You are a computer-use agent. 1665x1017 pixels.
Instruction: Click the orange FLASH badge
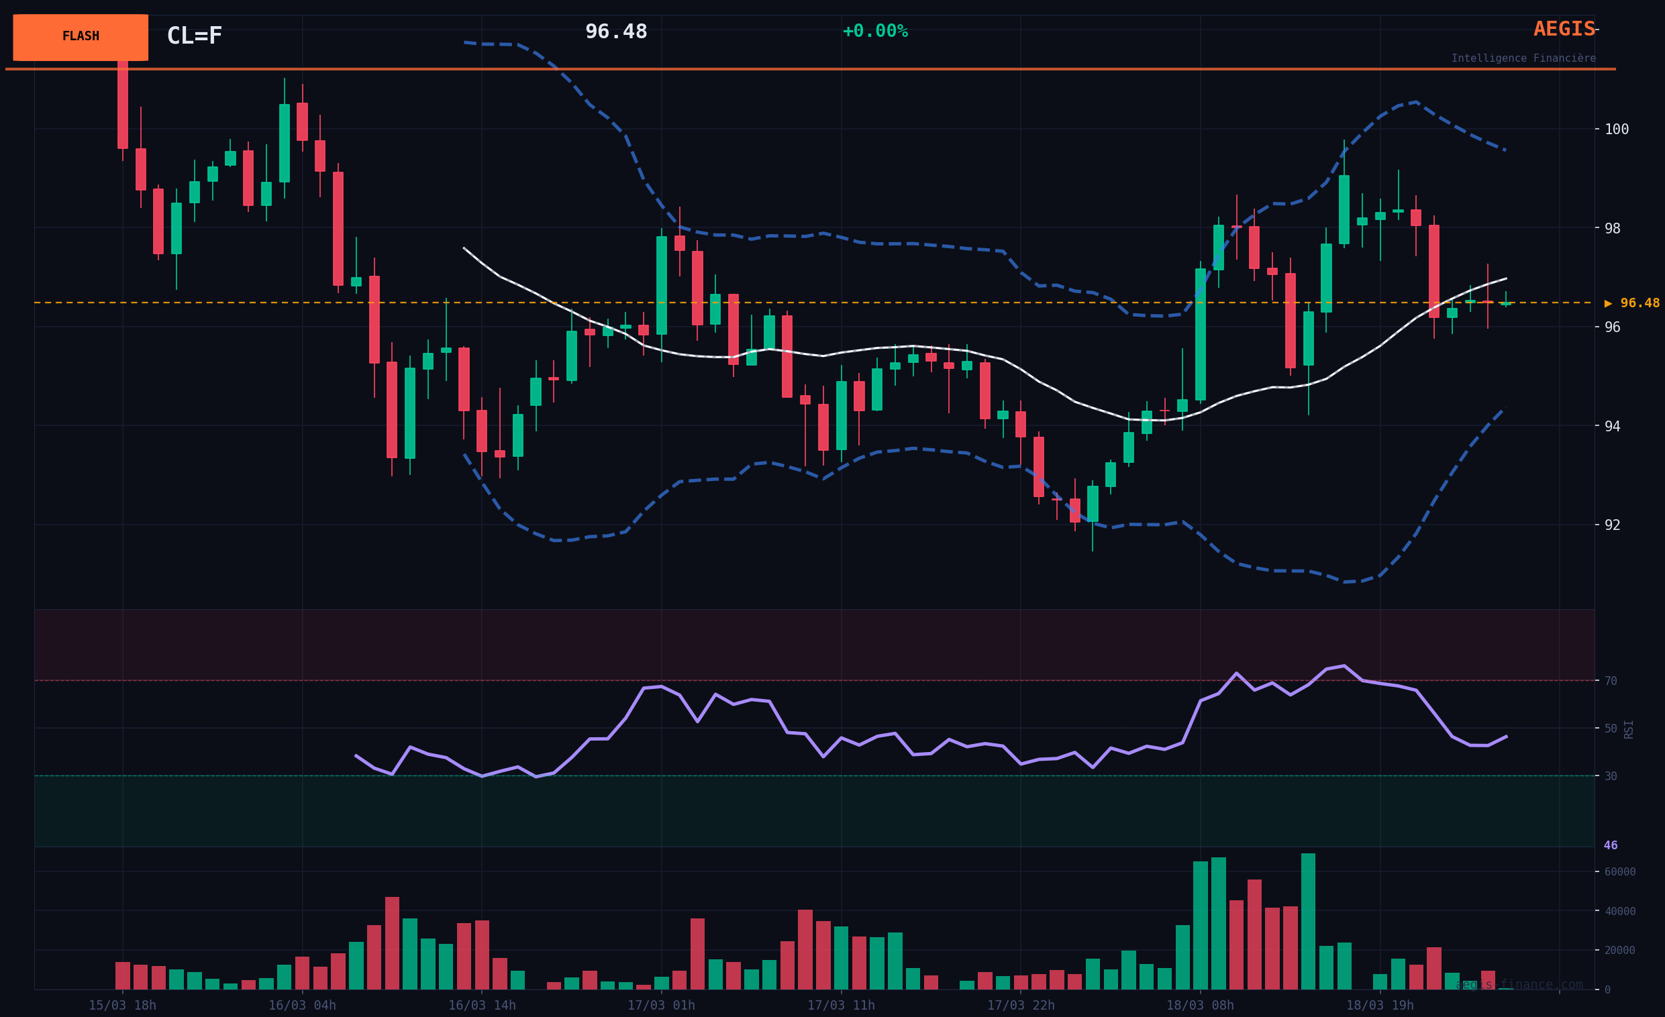point(81,37)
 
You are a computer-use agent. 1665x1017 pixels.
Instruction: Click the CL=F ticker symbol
point(194,36)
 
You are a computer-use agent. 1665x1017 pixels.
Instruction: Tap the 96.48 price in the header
point(615,32)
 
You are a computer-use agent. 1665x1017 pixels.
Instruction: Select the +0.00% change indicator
point(874,31)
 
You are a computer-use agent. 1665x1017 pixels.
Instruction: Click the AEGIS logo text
point(1564,29)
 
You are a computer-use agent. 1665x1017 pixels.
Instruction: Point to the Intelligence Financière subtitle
point(1523,58)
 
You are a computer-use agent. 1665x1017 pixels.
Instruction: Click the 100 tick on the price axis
point(1617,129)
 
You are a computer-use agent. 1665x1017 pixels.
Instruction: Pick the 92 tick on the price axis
point(1611,525)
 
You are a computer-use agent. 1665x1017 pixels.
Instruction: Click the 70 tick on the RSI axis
point(1610,681)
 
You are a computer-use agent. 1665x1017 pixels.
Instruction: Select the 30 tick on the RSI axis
point(1610,776)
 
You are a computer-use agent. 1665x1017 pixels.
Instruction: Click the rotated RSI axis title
point(1629,729)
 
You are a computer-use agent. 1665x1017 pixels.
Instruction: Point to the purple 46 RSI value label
point(1610,845)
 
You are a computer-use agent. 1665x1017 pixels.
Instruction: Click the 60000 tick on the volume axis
point(1619,872)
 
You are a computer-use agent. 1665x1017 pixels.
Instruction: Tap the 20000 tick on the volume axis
point(1619,950)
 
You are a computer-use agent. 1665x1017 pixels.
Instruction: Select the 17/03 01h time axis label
point(661,1006)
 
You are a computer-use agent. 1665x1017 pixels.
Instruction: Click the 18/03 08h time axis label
point(1199,1006)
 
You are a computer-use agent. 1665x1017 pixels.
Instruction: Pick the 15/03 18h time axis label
point(122,1006)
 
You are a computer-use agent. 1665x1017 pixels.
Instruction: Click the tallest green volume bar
point(1307,922)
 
